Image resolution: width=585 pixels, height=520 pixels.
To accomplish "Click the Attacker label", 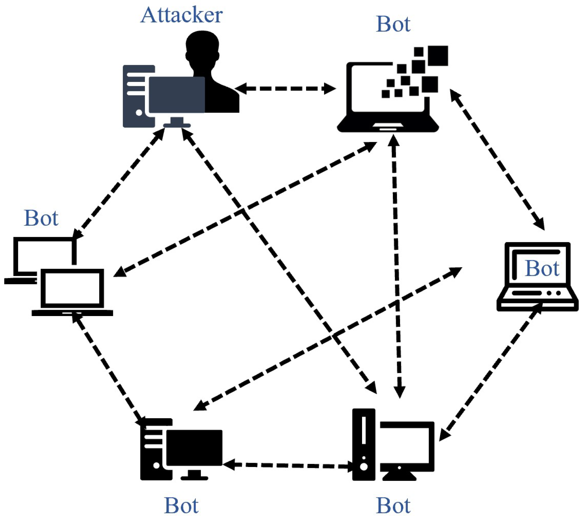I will coord(181,15).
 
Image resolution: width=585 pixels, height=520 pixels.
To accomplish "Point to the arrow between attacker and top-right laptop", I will coord(285,89).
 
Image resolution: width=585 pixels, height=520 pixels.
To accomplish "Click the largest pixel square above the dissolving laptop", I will coord(438,56).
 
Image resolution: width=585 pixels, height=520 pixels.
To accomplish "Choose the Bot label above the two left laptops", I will coord(41,218).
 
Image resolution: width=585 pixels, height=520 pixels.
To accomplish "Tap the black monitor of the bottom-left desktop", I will coord(194,447).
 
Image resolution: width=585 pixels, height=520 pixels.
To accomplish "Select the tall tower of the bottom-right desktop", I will coord(364,444).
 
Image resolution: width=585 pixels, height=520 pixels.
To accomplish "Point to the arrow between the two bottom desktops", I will coord(288,465).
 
